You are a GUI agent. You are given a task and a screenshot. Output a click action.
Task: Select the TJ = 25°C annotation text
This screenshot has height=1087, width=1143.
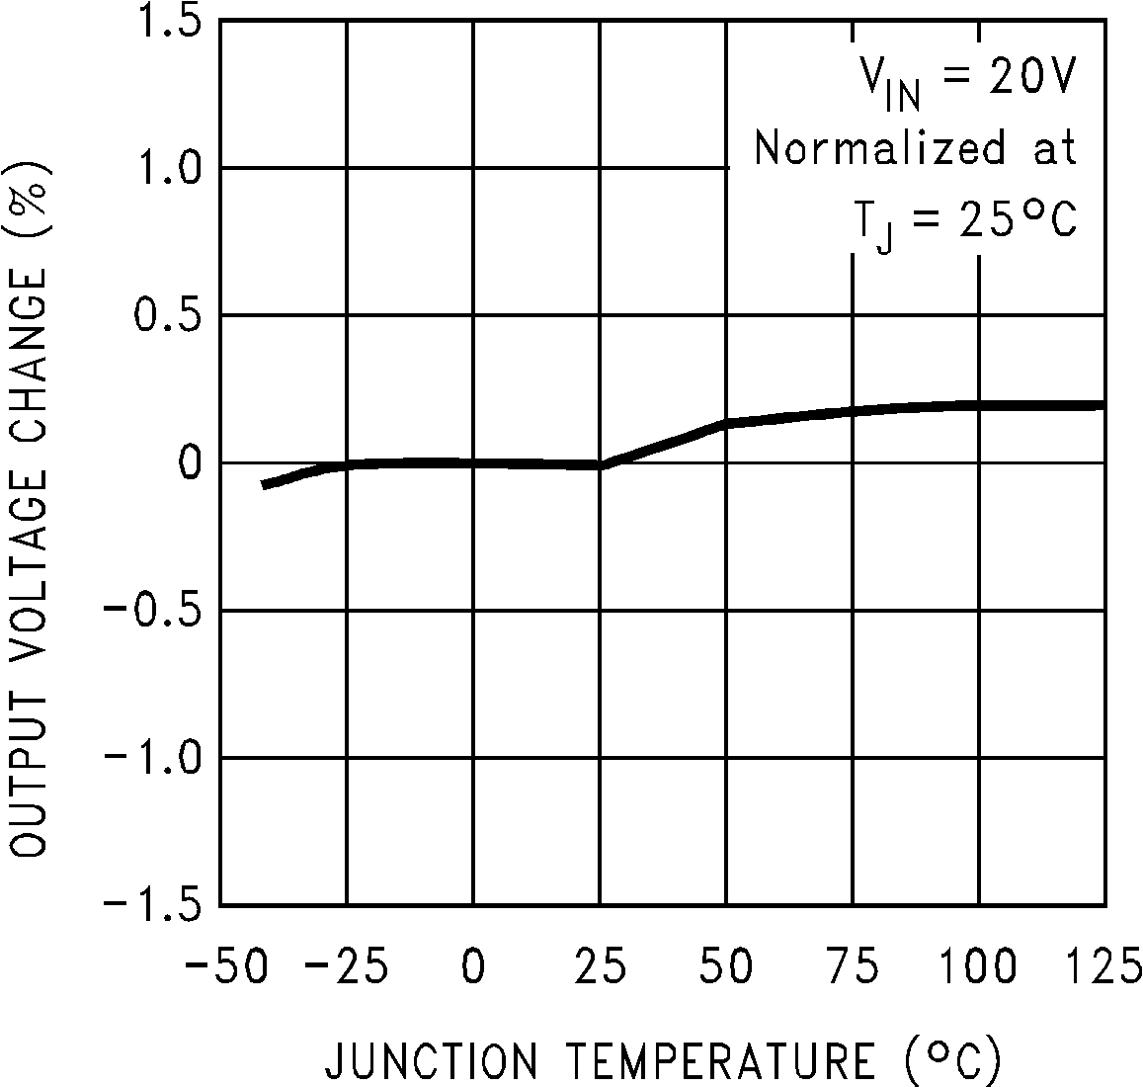[x=964, y=220]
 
